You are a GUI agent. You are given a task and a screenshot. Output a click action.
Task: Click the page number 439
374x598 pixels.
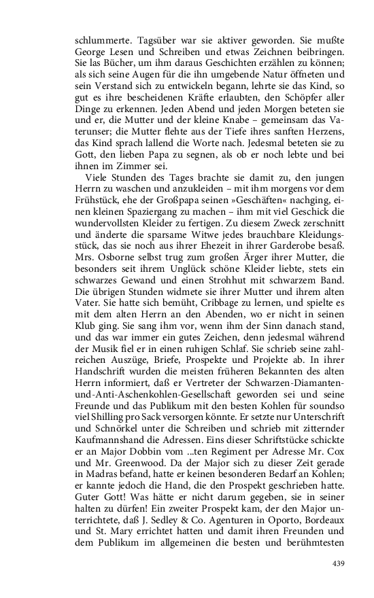(338, 563)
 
